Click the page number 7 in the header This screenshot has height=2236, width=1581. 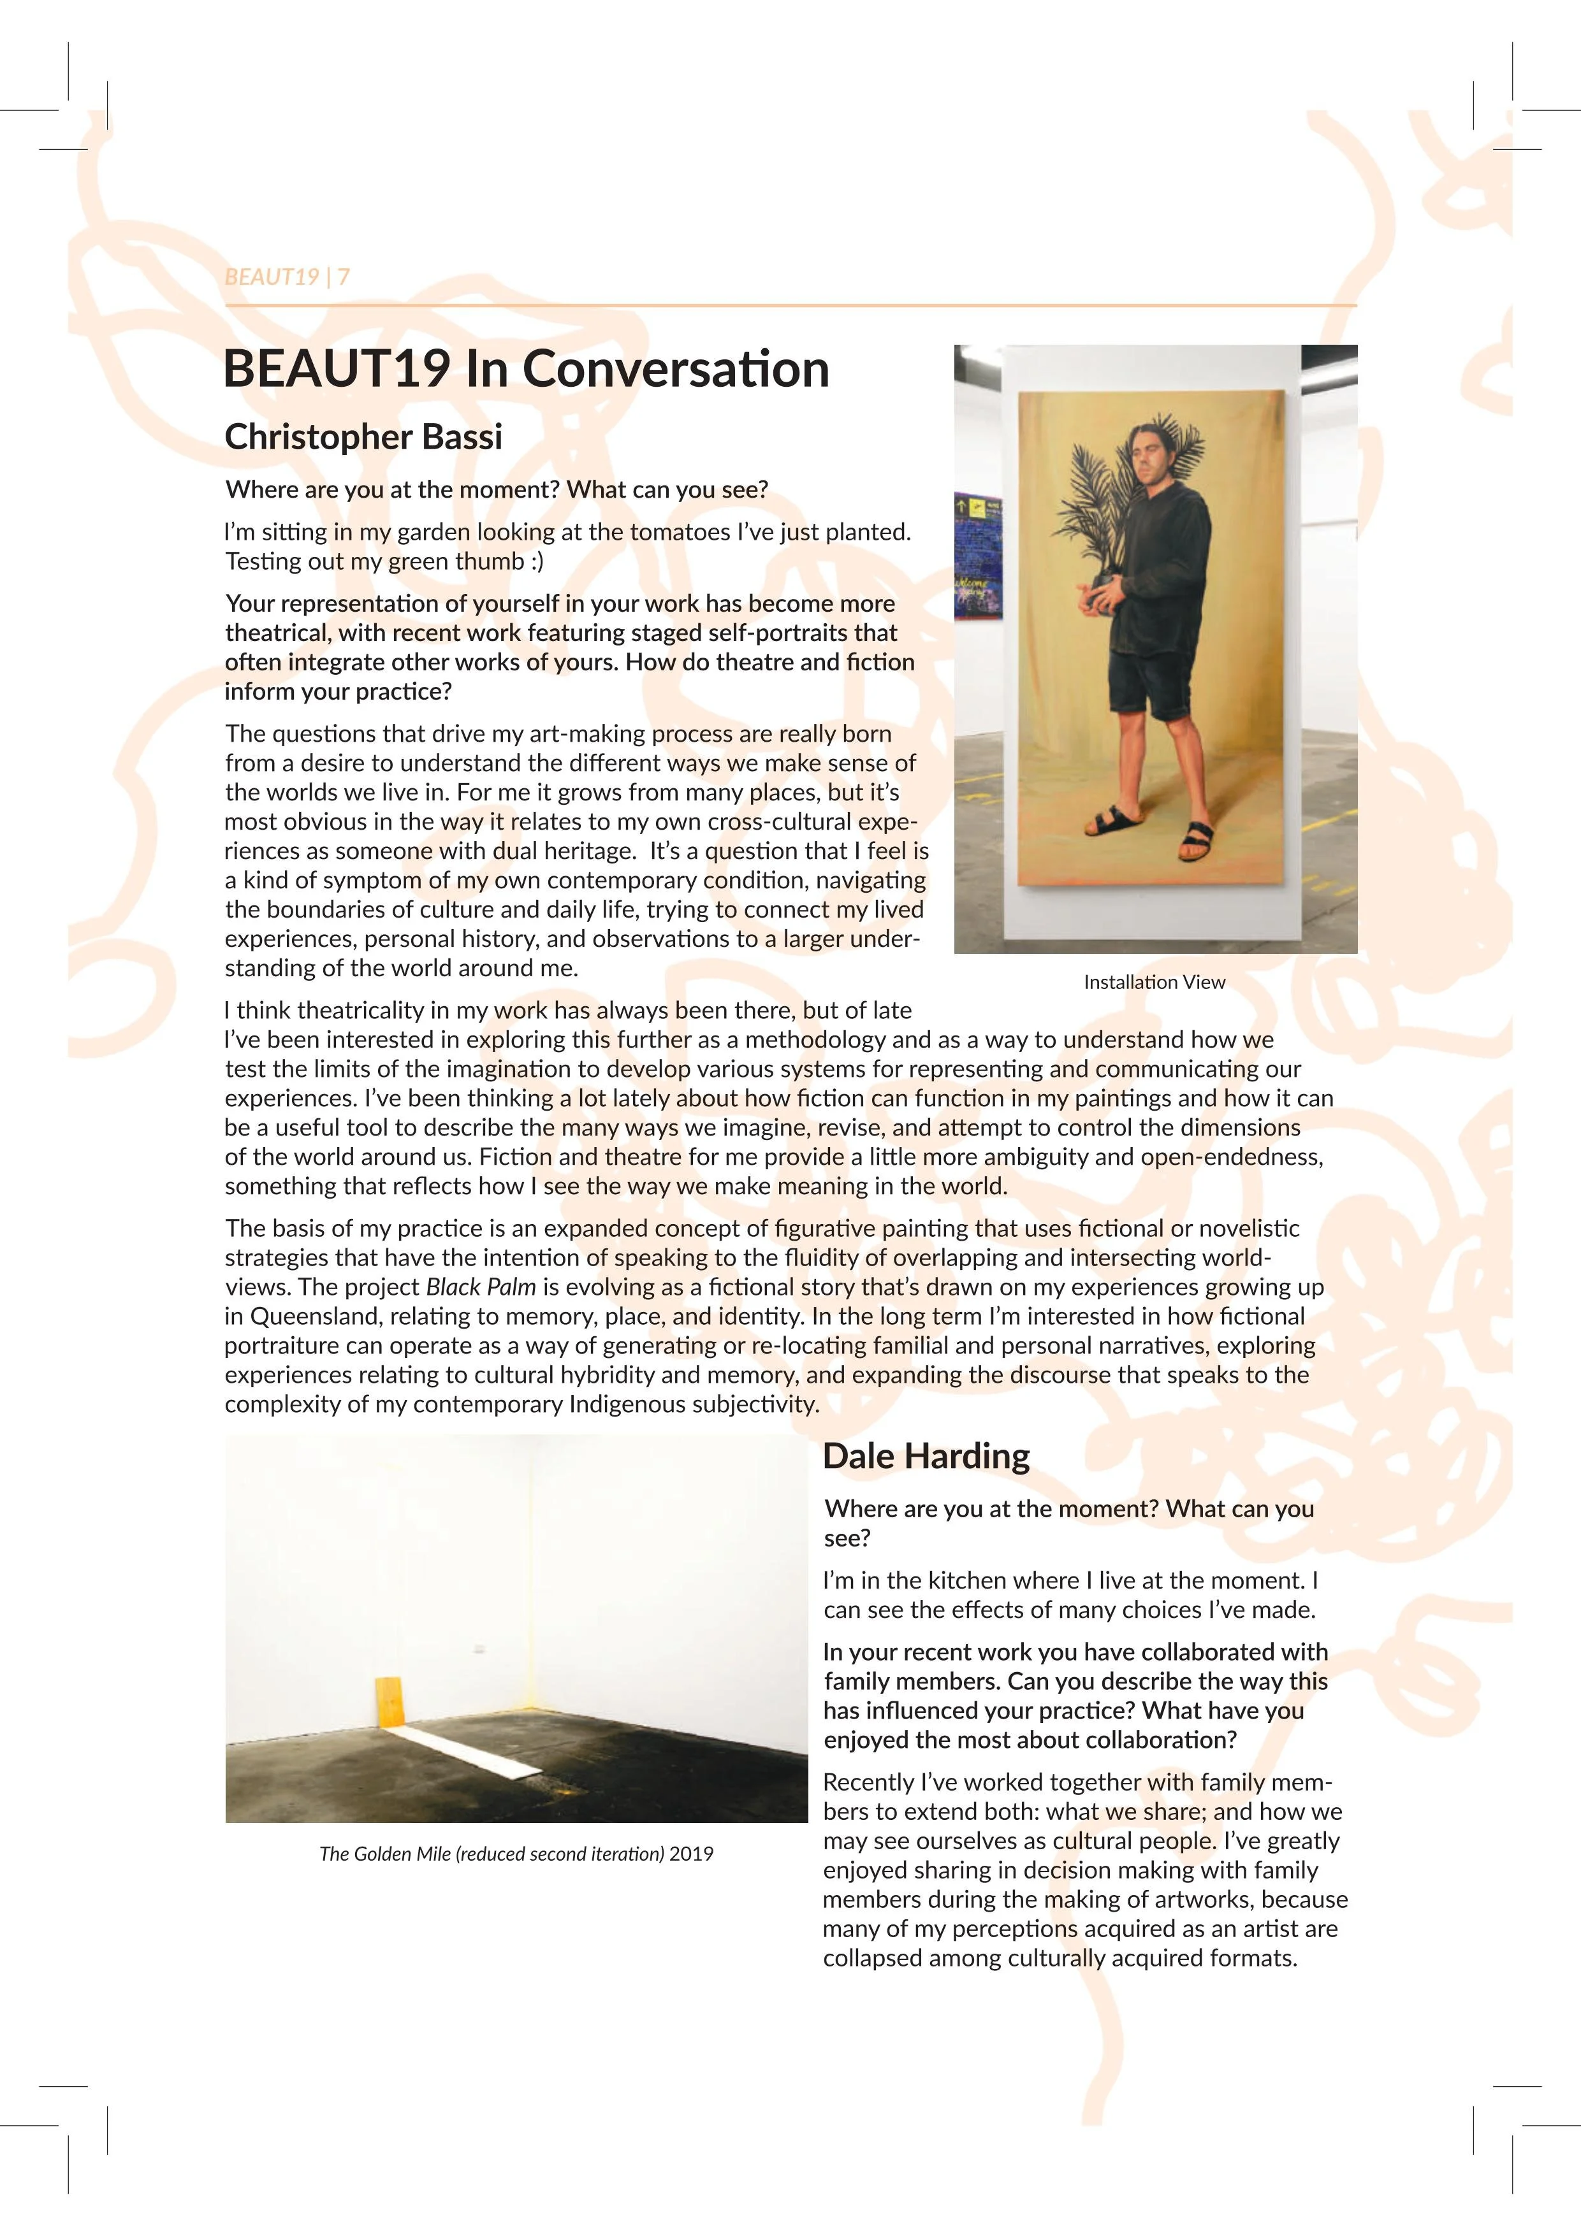pos(343,277)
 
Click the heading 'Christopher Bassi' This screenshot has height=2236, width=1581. pos(363,437)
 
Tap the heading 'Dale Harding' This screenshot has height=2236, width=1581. pos(926,1456)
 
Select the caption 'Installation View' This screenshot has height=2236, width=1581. pos(1155,982)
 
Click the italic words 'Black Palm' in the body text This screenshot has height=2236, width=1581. pos(481,1287)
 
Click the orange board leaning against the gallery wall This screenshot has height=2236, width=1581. pos(389,1701)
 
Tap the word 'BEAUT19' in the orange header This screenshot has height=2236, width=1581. pos(272,277)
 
